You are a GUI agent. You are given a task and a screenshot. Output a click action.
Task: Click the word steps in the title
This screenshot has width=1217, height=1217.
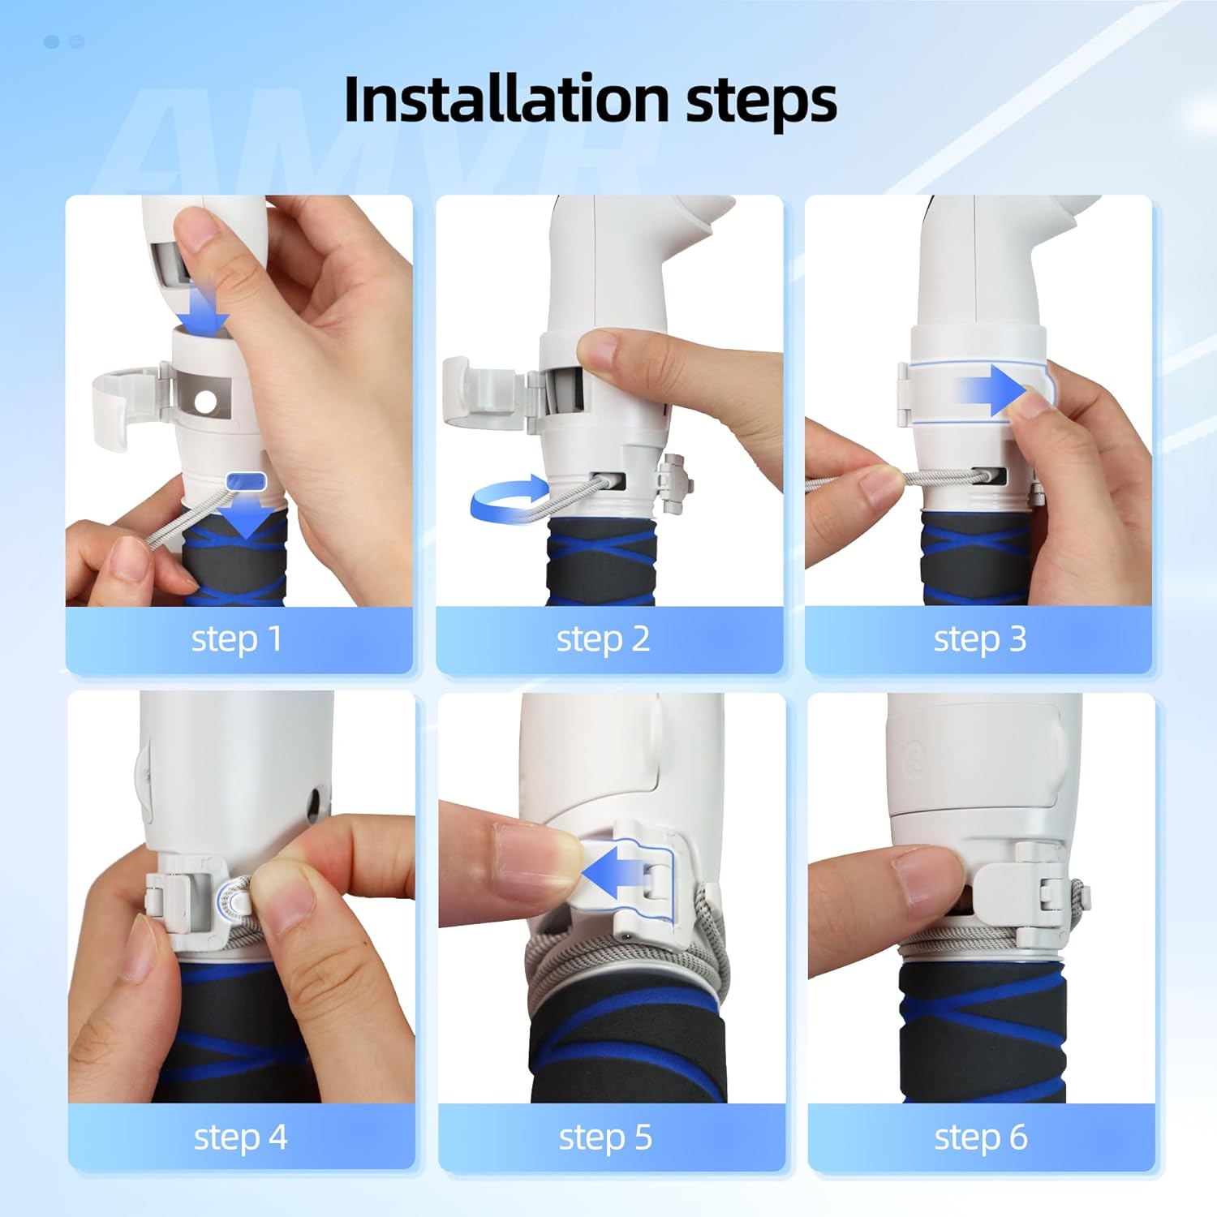click(762, 103)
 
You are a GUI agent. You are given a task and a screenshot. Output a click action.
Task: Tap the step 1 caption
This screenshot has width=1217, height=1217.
click(237, 639)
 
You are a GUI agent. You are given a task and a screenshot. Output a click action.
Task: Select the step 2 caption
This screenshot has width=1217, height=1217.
click(603, 639)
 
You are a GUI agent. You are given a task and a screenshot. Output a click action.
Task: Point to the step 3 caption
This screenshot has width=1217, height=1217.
click(980, 639)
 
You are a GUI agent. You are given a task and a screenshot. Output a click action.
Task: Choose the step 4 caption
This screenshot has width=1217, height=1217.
click(240, 1137)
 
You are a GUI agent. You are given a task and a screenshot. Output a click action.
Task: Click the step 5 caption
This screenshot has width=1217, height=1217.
click(605, 1137)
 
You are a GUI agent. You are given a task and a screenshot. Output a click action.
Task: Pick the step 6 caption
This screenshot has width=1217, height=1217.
click(981, 1137)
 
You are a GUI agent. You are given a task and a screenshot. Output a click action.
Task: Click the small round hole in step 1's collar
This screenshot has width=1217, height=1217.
click(205, 401)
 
